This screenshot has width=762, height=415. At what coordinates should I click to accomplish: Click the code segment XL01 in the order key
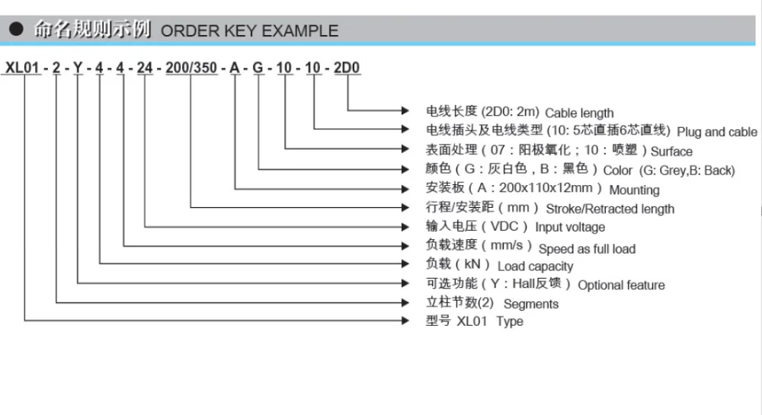pyautogui.click(x=22, y=68)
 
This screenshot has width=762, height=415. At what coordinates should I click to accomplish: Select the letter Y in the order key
pyautogui.click(x=78, y=68)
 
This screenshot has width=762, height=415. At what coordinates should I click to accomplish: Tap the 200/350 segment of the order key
pyautogui.click(x=191, y=68)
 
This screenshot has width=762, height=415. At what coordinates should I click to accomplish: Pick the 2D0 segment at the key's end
pyautogui.click(x=347, y=68)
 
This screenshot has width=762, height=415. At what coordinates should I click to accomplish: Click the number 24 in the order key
pyautogui.click(x=144, y=68)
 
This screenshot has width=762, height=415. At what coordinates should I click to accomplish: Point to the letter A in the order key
pyautogui.click(x=235, y=68)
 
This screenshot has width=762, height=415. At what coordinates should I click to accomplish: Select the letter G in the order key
pyautogui.click(x=258, y=68)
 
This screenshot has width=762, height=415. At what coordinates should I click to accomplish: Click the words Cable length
pyautogui.click(x=579, y=113)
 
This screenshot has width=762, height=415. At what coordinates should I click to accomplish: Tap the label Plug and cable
pyautogui.click(x=717, y=132)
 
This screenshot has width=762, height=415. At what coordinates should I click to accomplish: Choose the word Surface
pyautogui.click(x=671, y=152)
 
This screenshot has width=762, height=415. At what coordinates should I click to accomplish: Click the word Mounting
pyautogui.click(x=634, y=190)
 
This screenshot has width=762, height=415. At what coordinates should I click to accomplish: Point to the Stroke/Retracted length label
pyautogui.click(x=610, y=209)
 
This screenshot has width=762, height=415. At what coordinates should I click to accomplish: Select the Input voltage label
pyautogui.click(x=570, y=227)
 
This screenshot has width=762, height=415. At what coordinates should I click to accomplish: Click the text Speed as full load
pyautogui.click(x=587, y=249)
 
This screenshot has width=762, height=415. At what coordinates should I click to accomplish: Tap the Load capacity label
pyautogui.click(x=536, y=266)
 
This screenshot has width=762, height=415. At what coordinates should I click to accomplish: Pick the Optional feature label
pyautogui.click(x=621, y=285)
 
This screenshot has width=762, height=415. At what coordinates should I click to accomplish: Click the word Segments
pyautogui.click(x=531, y=304)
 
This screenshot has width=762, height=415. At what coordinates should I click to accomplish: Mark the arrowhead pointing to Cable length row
pyautogui.click(x=405, y=110)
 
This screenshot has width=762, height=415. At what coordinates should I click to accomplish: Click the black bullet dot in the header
pyautogui.click(x=16, y=29)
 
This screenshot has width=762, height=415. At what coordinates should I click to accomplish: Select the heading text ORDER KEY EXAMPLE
pyautogui.click(x=249, y=31)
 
